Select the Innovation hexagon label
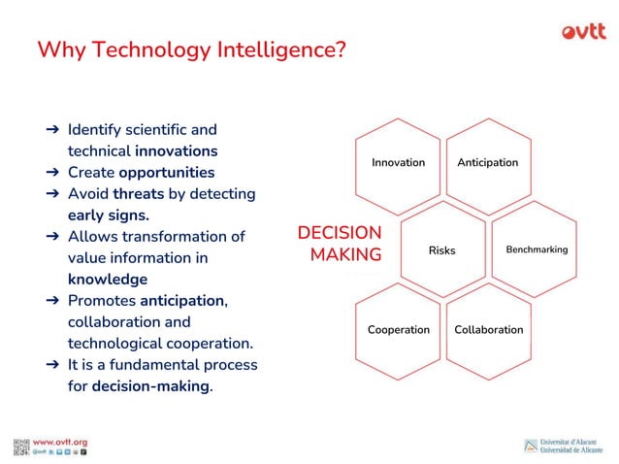(x=398, y=162)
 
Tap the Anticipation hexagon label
(x=487, y=162)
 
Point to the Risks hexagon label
(x=441, y=250)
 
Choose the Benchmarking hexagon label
(x=537, y=249)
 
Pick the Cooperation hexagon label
(x=398, y=330)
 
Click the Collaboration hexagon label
(x=488, y=330)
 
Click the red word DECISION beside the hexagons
(x=339, y=233)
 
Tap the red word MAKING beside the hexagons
(x=345, y=254)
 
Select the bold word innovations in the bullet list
(x=176, y=151)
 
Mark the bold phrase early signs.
(x=108, y=215)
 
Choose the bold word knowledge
(x=107, y=280)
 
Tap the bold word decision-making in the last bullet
(x=150, y=386)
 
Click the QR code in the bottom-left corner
(x=21, y=447)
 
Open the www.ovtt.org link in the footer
(x=60, y=442)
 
